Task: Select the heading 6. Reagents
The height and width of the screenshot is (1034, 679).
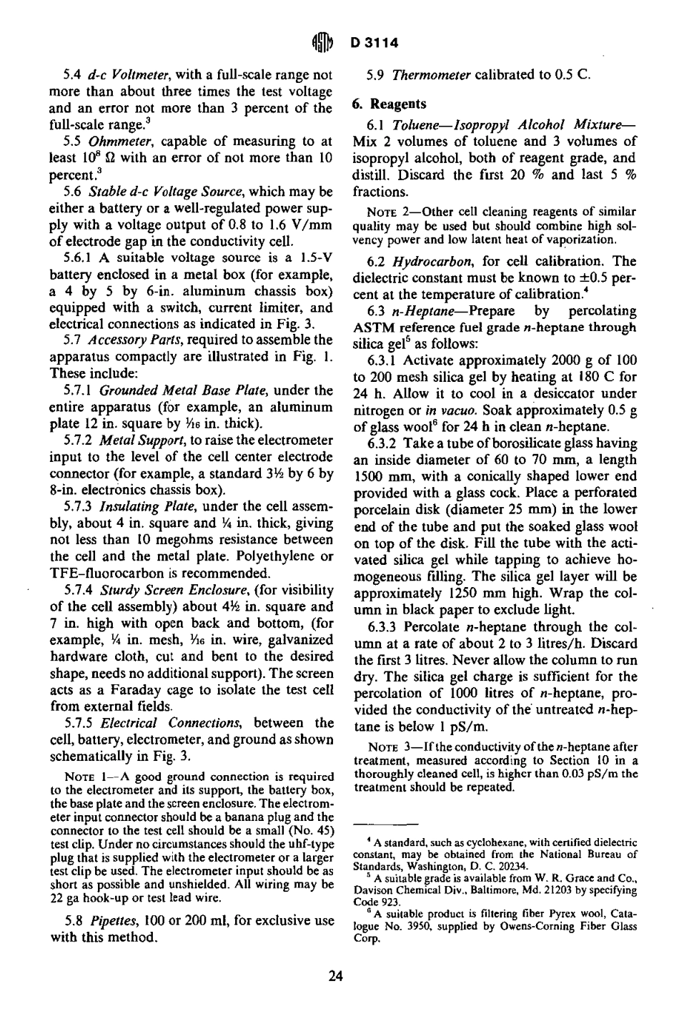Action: [x=389, y=104]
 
